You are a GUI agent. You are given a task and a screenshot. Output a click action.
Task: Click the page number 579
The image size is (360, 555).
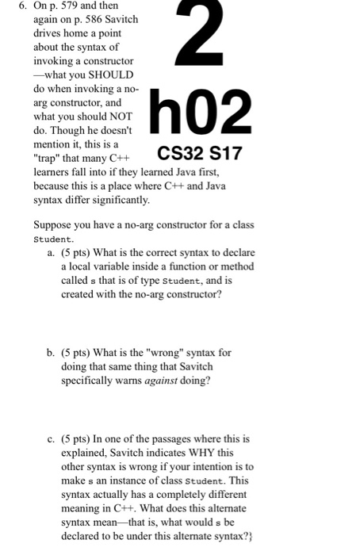[71, 10]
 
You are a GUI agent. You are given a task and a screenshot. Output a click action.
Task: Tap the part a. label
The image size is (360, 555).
[50, 255]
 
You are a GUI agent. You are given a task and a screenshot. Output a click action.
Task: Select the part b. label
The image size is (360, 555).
[50, 351]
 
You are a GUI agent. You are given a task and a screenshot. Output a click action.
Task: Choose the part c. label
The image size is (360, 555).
[50, 436]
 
